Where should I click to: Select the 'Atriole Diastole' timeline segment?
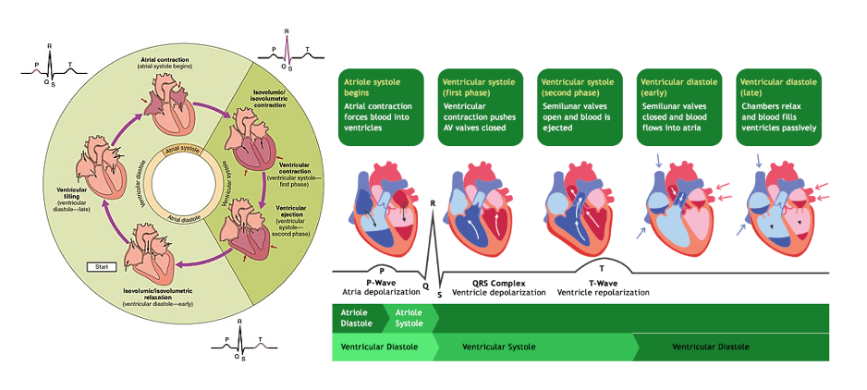click(x=357, y=318)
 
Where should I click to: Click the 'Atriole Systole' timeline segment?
click(x=409, y=318)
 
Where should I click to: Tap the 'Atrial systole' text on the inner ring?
click(x=185, y=150)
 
